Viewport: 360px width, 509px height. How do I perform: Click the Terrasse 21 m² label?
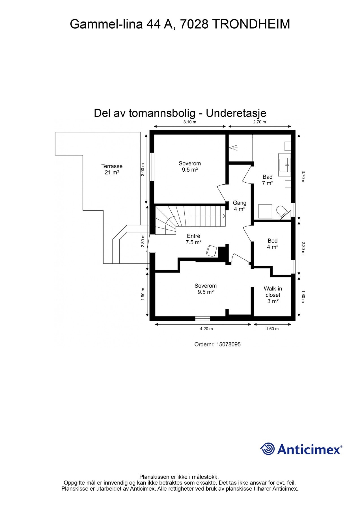click(x=112, y=169)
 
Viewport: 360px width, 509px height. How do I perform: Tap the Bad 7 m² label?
click(x=267, y=180)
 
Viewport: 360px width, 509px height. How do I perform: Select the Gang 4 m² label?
click(x=240, y=206)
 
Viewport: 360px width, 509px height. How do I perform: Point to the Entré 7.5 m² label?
click(x=193, y=239)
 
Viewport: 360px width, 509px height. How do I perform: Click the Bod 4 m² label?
click(x=273, y=244)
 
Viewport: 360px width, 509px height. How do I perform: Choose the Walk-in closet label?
click(x=273, y=295)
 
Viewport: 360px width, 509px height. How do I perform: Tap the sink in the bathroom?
click(x=284, y=165)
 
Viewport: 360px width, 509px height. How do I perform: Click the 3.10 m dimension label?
click(x=190, y=122)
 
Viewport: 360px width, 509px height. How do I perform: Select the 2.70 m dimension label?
click(x=260, y=122)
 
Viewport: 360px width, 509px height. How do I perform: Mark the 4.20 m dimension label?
click(x=206, y=329)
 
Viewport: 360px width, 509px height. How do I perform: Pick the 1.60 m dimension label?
click(x=272, y=329)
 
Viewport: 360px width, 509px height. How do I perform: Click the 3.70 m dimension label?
click(x=303, y=177)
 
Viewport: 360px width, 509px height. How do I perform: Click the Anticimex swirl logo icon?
click(x=268, y=449)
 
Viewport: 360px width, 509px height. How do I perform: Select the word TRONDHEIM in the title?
click(x=251, y=24)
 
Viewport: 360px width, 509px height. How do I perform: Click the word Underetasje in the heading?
click(x=236, y=113)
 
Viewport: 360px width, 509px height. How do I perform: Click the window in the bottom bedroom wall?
click(x=202, y=318)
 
